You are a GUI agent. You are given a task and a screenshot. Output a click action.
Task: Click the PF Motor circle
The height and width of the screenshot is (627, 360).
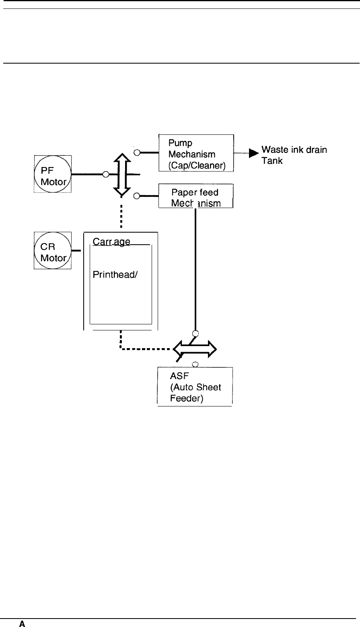pos(52,174)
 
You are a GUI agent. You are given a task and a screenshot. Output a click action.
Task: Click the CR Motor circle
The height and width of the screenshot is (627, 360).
pos(52,250)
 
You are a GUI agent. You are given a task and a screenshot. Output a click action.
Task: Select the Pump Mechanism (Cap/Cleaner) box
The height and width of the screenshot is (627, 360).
pos(196,153)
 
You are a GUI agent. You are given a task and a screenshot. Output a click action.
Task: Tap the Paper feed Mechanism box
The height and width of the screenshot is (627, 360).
pos(196,196)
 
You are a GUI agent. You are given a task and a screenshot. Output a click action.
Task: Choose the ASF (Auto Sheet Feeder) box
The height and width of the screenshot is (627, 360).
pos(195,386)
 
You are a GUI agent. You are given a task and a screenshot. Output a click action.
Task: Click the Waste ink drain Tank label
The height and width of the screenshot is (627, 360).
pos(294,155)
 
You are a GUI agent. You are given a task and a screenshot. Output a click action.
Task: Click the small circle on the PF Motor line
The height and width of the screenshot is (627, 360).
pos(106,174)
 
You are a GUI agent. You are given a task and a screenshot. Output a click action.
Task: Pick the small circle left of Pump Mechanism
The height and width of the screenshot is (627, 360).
pos(137,153)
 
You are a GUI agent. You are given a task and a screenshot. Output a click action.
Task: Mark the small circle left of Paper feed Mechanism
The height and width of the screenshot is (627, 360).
pos(137,196)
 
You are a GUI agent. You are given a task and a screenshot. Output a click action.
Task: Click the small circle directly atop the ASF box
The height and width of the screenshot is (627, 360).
pos(195,365)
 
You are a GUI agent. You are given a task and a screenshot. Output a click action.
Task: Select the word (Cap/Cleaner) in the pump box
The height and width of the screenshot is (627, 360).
pos(198,165)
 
